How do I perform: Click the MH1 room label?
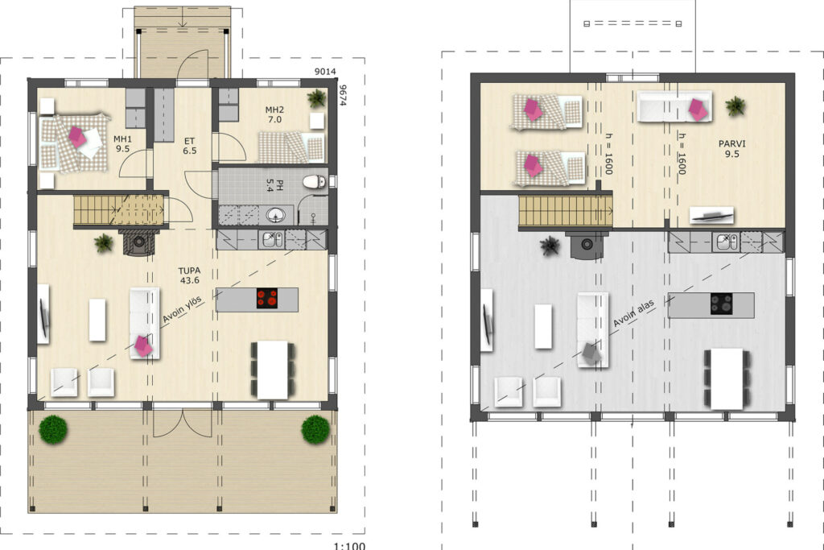pos(122,143)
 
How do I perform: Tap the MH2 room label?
pos(274,114)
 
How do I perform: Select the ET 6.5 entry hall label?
pos(190,146)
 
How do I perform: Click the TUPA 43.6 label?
pos(190,275)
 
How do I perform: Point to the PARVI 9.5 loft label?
pos(732,149)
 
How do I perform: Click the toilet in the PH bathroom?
pos(315,182)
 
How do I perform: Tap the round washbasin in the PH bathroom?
pos(277,215)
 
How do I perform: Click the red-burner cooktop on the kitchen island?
pos(267,298)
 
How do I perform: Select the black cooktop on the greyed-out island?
pos(722,304)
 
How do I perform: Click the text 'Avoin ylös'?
pos(182,310)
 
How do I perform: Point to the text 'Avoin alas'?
pos(634,313)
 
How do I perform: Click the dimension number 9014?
pos(325,72)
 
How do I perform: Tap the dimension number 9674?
pos(343,96)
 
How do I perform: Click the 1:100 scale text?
pos(349,546)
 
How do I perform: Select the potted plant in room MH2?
pos(316,97)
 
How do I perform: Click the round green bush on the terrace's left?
pos(53,429)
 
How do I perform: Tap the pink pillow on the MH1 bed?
pos(77,137)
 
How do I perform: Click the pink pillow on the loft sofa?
pos(698,109)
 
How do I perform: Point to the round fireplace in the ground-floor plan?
pos(139,242)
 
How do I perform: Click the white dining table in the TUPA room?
pos(273,370)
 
